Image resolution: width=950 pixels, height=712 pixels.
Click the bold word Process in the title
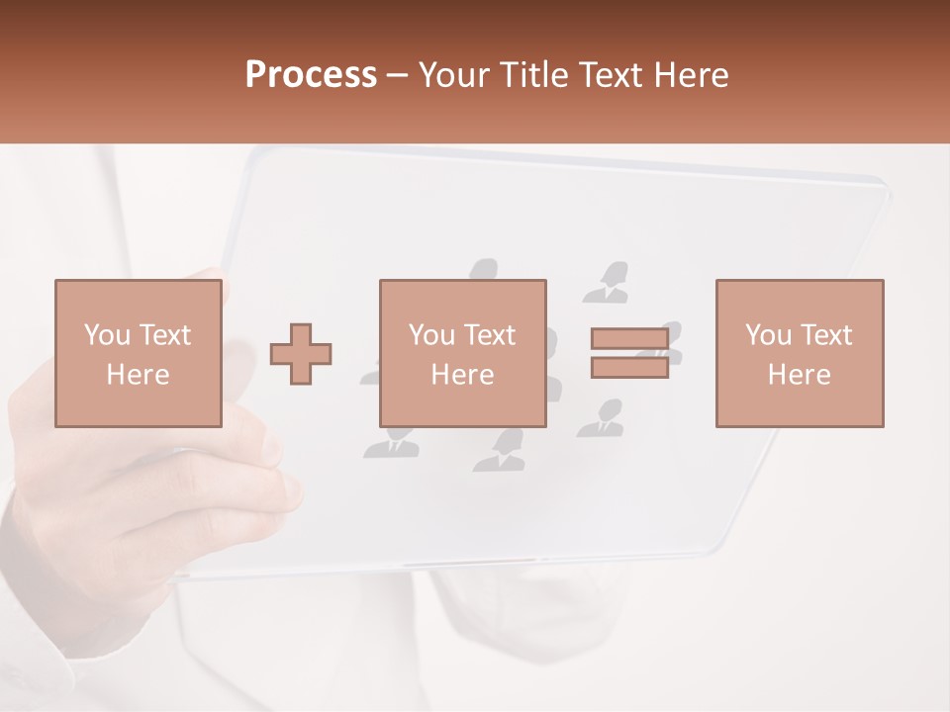(x=311, y=75)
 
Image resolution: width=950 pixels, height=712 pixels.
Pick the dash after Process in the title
(x=398, y=76)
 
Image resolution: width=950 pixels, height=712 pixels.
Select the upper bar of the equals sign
(x=629, y=339)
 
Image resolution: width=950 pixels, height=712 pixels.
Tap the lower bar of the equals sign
(x=629, y=367)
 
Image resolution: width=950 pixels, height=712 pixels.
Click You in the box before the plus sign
(x=106, y=335)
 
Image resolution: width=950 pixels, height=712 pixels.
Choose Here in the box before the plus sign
(x=138, y=375)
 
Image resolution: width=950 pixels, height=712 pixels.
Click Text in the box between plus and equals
(x=488, y=335)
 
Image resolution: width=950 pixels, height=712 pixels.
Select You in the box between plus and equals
(x=431, y=335)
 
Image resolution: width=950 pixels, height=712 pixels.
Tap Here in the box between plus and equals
(x=462, y=375)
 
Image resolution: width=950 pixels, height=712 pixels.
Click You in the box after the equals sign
(x=768, y=335)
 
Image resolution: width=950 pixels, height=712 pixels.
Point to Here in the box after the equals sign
(x=799, y=375)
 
